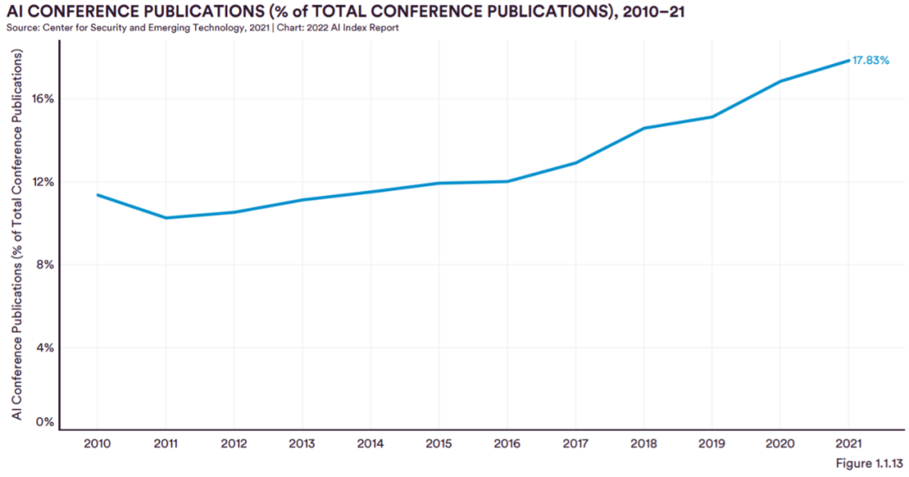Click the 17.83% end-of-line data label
click(870, 61)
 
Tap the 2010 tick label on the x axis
click(97, 444)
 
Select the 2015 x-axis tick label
click(439, 444)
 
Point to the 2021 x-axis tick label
click(848, 444)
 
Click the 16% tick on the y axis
click(43, 99)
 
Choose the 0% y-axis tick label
click(45, 422)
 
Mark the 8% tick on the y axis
click(45, 265)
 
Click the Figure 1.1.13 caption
click(869, 463)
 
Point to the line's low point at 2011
click(166, 218)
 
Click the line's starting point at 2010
click(98, 194)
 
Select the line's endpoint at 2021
click(848, 61)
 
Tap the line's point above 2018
click(644, 128)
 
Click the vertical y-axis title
click(17, 235)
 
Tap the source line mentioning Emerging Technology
click(202, 27)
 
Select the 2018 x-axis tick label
click(644, 444)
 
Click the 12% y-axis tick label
click(43, 182)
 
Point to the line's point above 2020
click(780, 81)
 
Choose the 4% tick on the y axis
click(45, 347)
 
